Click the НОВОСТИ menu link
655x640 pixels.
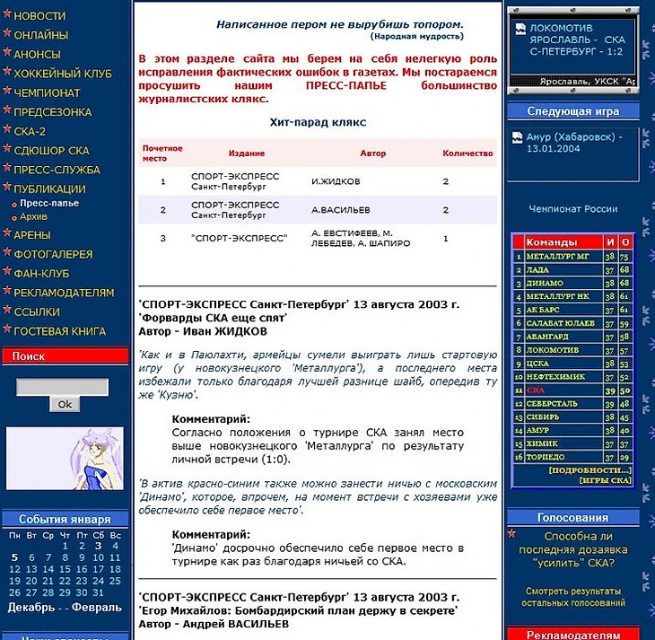pos(39,16)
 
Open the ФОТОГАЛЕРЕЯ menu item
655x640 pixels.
pos(53,254)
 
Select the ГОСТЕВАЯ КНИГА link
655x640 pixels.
pos(59,331)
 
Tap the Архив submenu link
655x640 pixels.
pos(34,216)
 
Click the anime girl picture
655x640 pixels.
pos(65,458)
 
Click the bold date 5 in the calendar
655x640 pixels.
pos(14,557)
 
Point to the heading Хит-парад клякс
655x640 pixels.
pos(318,122)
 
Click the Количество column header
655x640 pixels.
pos(467,153)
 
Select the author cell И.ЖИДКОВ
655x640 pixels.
pos(336,181)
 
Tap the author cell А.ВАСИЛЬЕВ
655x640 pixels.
pos(340,210)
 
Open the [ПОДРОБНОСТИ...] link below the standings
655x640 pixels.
pos(589,469)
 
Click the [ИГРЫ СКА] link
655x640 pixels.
pos(605,480)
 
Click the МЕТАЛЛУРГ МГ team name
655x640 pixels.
pos(557,257)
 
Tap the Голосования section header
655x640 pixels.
pos(572,517)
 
